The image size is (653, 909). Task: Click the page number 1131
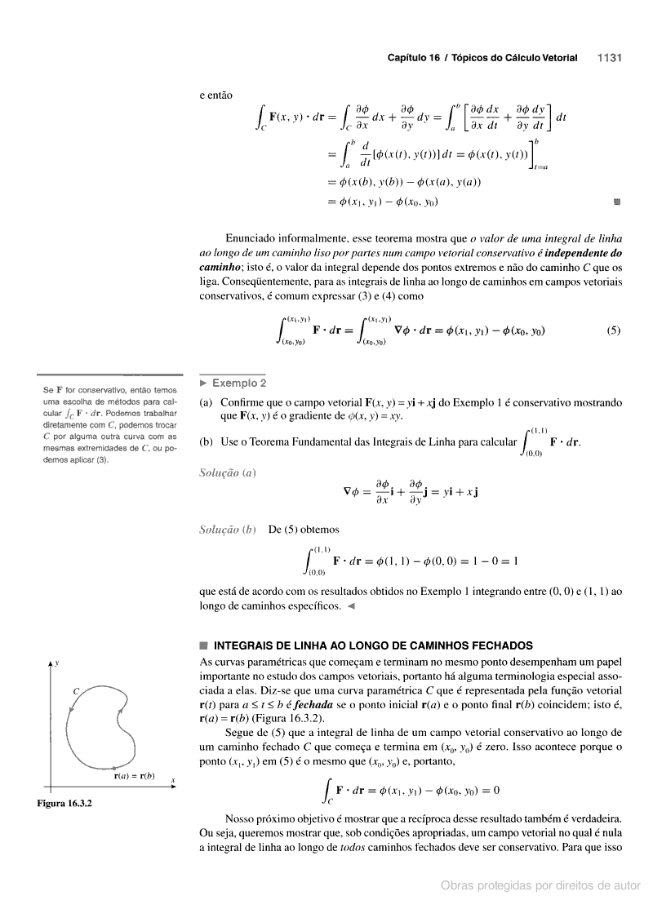click(610, 58)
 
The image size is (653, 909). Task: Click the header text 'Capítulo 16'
click(413, 58)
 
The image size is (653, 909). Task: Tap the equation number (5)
click(614, 331)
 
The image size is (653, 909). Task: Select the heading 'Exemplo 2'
click(238, 383)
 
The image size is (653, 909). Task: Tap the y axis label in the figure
click(56, 662)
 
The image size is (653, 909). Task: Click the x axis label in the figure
click(173, 781)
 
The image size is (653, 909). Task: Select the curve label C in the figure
click(76, 691)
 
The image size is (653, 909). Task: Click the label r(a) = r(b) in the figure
click(133, 775)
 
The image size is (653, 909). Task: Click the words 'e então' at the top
click(216, 95)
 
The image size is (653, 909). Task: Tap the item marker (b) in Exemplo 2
click(207, 441)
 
